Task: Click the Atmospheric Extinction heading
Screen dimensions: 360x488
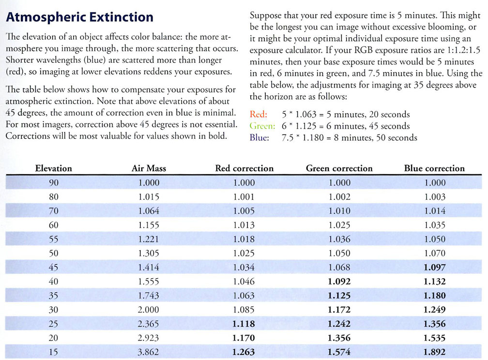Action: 79,18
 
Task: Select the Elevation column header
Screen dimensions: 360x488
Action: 53,168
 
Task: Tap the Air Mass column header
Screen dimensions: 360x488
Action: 149,168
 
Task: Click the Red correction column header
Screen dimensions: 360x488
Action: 244,168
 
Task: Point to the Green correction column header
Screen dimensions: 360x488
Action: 339,168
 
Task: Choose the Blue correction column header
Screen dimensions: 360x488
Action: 434,168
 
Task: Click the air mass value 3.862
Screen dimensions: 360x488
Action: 149,352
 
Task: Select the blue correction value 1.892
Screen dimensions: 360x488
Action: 434,352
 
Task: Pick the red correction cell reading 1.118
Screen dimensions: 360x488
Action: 244,324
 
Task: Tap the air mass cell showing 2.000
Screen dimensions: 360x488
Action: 149,310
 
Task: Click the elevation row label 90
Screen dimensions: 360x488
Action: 53,183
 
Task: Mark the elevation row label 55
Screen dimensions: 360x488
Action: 53,239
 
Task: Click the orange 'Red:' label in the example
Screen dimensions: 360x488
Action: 258,115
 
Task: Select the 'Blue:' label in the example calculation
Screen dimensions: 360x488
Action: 259,138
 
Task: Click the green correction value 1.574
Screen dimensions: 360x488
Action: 339,352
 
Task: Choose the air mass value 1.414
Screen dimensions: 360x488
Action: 149,267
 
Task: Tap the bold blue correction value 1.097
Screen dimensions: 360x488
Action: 434,267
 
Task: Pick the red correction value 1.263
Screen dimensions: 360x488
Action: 244,352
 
